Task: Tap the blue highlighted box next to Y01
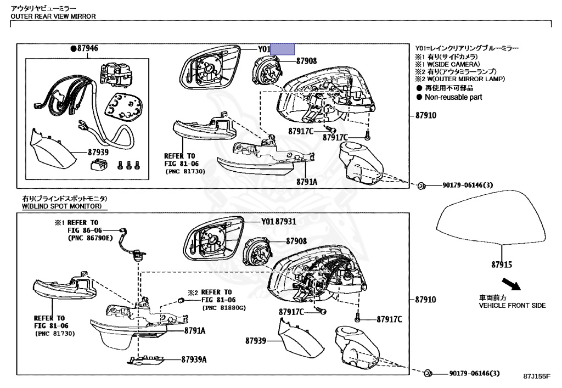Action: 283,49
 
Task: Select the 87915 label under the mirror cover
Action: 502,265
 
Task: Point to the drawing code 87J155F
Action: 537,376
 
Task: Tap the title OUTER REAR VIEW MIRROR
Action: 53,16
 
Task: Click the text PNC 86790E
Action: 90,239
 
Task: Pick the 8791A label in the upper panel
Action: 306,181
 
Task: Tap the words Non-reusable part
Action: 453,97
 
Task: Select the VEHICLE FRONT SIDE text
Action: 512,305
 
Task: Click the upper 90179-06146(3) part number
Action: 468,185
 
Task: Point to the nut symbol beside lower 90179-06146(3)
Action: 426,374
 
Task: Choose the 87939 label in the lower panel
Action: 256,341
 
